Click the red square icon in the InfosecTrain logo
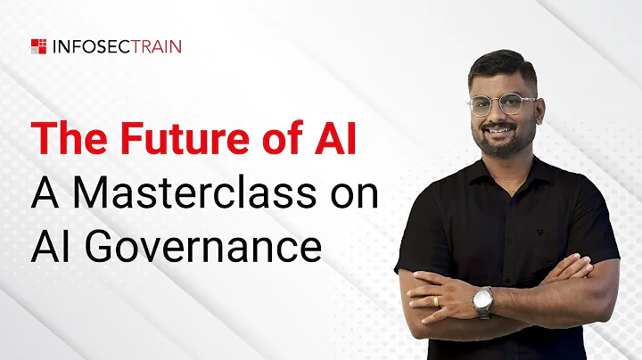coord(38,45)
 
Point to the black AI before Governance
coord(50,244)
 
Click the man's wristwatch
coord(482,301)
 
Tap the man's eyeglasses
coord(501,103)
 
